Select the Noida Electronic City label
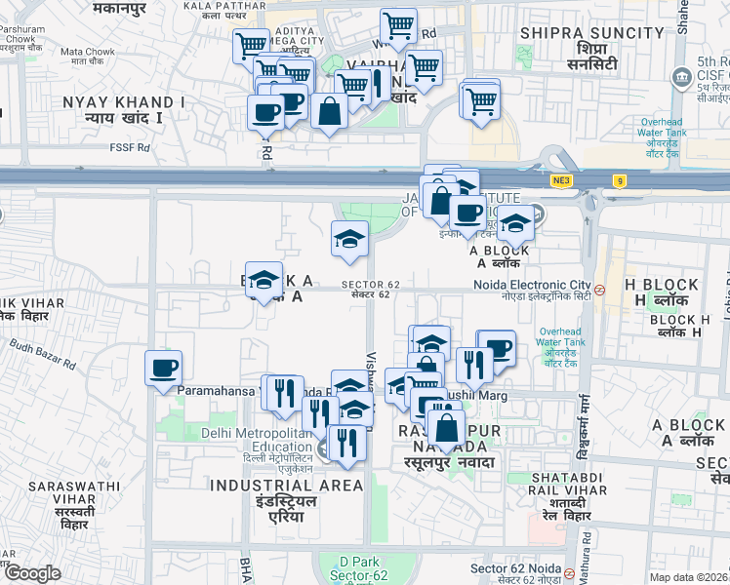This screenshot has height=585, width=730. (546, 285)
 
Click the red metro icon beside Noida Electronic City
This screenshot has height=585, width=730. (601, 290)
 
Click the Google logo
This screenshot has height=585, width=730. (32, 573)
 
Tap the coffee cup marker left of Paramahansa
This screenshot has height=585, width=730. (163, 369)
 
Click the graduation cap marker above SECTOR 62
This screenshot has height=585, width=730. (349, 238)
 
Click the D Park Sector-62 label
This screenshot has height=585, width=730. (353, 568)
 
